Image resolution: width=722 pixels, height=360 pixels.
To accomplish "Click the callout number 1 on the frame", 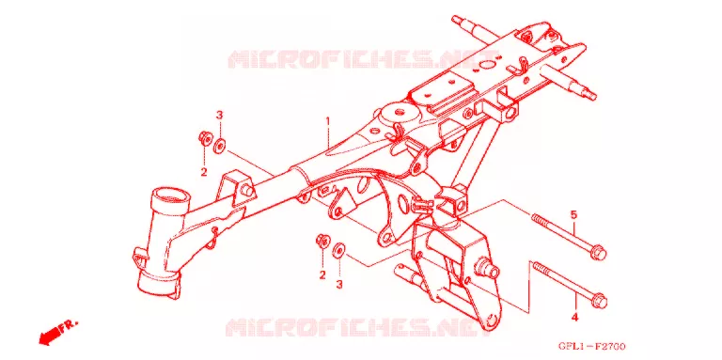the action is (328, 121).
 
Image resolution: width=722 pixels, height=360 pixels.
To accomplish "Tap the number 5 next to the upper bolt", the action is (573, 214).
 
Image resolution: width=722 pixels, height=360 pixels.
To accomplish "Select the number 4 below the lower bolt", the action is (574, 317).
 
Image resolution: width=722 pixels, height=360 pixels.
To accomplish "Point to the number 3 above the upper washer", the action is (220, 115).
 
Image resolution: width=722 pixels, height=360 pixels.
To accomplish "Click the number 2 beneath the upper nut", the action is (203, 173).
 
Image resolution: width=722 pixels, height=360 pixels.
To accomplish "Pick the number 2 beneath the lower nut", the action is (322, 274).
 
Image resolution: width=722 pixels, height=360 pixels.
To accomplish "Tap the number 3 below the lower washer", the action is (338, 285).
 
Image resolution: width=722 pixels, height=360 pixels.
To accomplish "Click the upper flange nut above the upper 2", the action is (204, 137).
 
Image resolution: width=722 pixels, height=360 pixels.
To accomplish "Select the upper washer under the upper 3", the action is (220, 147).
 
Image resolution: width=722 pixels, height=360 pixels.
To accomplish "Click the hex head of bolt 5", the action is (600, 253).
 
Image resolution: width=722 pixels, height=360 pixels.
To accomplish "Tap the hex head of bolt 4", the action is (600, 300).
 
